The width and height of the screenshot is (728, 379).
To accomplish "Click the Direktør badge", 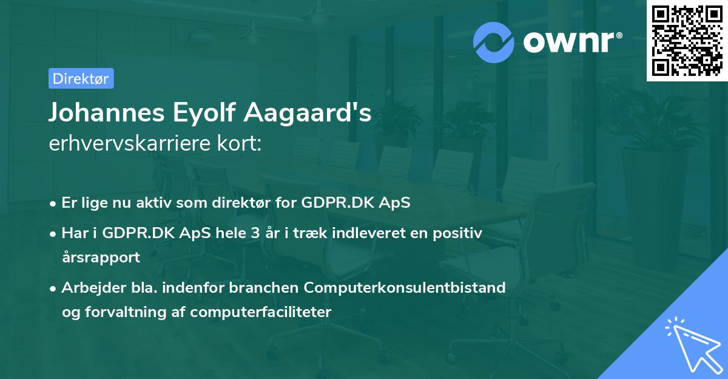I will point(81,78).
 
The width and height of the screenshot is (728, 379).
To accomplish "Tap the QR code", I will point(687,41).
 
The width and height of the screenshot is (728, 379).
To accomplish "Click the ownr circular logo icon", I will point(494,42).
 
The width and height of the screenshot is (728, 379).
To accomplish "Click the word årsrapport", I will point(101,257).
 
